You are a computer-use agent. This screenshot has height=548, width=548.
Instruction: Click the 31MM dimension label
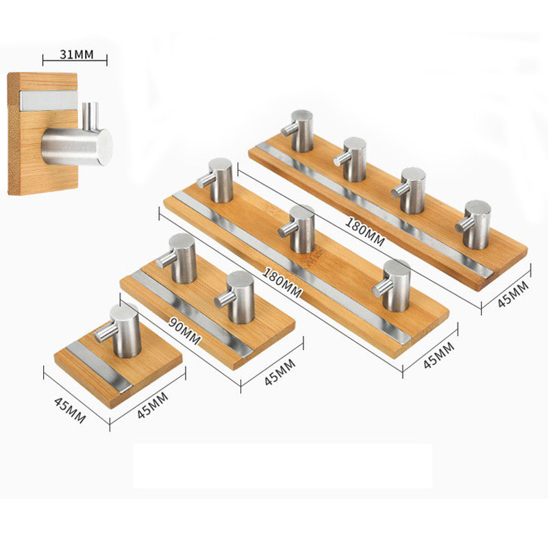(x=77, y=54)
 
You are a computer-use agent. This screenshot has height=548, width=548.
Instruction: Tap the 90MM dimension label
(x=184, y=331)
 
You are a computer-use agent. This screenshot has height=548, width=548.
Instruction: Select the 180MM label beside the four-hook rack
(x=365, y=232)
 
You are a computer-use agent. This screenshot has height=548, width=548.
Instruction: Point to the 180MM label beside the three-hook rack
(x=282, y=282)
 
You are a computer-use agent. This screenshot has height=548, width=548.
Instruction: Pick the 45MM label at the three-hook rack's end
(x=438, y=355)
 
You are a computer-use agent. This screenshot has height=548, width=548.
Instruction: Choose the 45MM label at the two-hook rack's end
(x=280, y=372)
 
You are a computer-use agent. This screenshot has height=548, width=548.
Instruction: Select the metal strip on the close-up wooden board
(x=48, y=101)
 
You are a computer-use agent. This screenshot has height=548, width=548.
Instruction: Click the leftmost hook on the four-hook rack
(x=298, y=131)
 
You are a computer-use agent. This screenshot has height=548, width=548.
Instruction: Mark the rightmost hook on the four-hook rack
(x=473, y=225)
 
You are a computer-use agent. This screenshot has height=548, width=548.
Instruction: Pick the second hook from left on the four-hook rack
(x=350, y=159)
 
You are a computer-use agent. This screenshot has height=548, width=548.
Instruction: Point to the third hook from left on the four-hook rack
(x=409, y=190)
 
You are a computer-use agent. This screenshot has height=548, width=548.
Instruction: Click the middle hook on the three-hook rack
(x=297, y=229)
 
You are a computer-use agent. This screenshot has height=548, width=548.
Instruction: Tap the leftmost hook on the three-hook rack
(x=215, y=180)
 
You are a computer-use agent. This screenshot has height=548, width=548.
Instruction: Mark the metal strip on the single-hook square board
(x=99, y=366)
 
